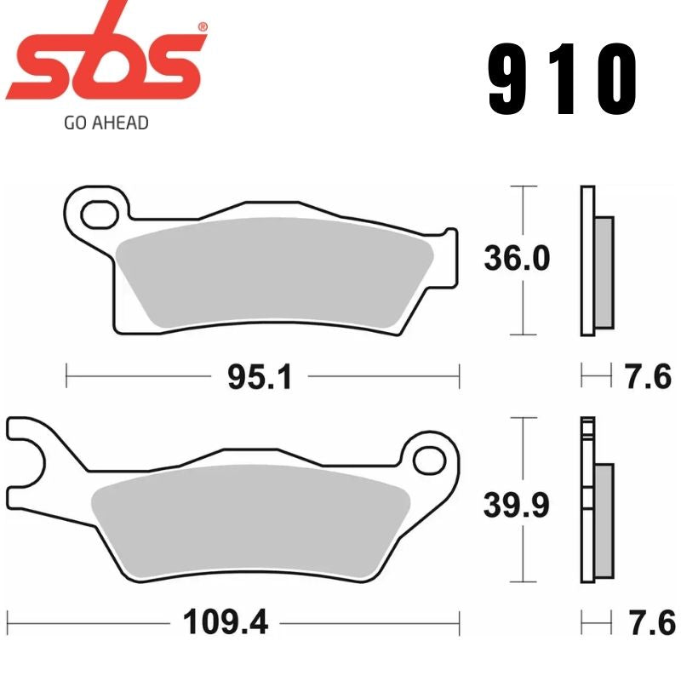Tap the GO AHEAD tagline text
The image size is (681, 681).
pyautogui.click(x=106, y=123)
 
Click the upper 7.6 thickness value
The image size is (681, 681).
pyautogui.click(x=649, y=376)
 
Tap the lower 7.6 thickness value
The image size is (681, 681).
pyautogui.click(x=649, y=624)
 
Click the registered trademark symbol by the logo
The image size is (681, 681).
pyautogui.click(x=202, y=28)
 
